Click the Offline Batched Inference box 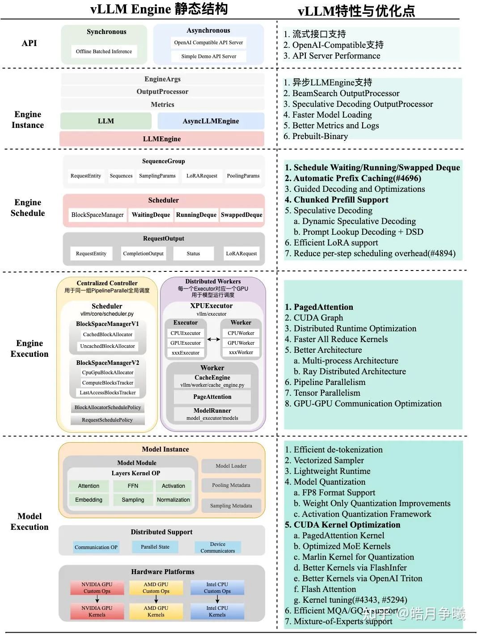(104, 51)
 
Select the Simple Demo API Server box (208, 56)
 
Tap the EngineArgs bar (162, 79)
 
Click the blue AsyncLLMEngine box (211, 121)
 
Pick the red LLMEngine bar (162, 139)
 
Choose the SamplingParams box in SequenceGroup (157, 176)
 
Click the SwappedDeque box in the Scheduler (241, 215)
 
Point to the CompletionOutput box (143, 254)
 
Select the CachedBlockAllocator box (107, 334)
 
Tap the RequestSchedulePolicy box (107, 420)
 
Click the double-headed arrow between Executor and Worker (213, 339)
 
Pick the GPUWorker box (241, 343)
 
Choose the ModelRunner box (212, 414)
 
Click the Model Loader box (231, 466)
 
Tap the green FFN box (133, 486)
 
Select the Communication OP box (96, 547)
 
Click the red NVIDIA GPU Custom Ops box (97, 588)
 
